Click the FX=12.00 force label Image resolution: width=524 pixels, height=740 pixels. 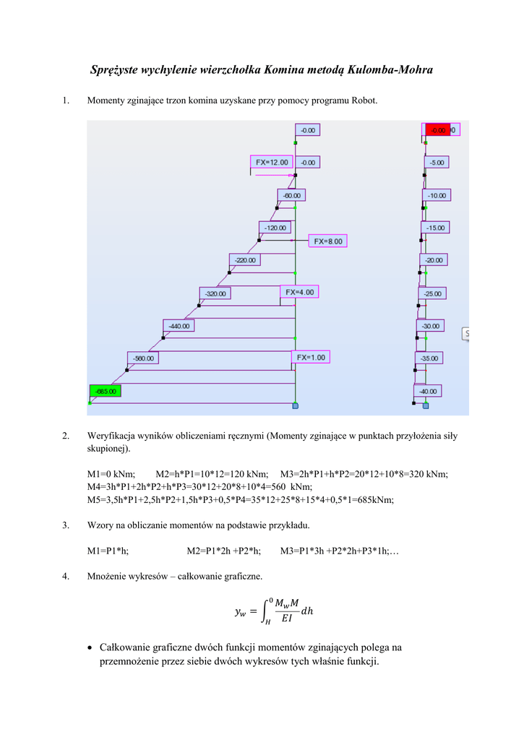click(271, 162)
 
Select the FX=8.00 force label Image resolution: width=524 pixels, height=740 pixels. click(328, 241)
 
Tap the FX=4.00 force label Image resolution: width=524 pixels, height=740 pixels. click(299, 292)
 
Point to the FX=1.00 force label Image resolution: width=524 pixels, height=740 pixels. click(311, 357)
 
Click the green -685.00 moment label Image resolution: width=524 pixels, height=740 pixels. click(105, 391)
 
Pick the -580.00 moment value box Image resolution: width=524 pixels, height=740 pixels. click(143, 358)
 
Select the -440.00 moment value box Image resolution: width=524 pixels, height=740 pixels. click(179, 326)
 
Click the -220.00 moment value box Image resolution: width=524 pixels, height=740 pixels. click(245, 259)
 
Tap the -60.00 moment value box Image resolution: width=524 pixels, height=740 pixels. click(292, 195)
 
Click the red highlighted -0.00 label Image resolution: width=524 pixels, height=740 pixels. click(437, 130)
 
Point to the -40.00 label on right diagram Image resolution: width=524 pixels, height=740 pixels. click(428, 391)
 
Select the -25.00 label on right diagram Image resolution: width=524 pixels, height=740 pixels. click(433, 293)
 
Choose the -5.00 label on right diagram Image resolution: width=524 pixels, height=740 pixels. click(437, 163)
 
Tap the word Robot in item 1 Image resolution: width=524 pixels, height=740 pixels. click(363, 100)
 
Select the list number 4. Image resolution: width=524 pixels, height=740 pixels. click(66, 576)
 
